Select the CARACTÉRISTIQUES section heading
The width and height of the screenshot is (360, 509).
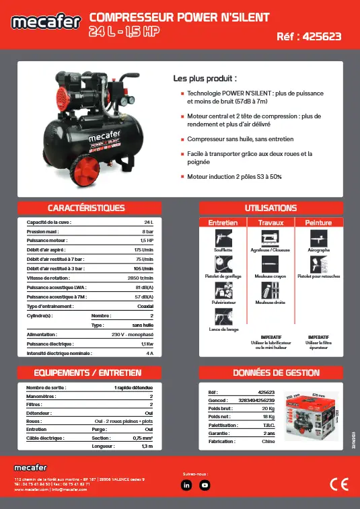click(86, 208)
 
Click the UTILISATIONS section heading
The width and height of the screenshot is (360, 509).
click(271, 208)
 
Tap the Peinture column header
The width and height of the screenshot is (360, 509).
click(318, 222)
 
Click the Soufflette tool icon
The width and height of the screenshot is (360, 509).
click(223, 238)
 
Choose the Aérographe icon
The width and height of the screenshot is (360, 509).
click(318, 238)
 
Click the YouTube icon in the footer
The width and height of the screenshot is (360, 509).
click(205, 485)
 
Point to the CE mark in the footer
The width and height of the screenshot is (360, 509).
click(338, 485)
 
